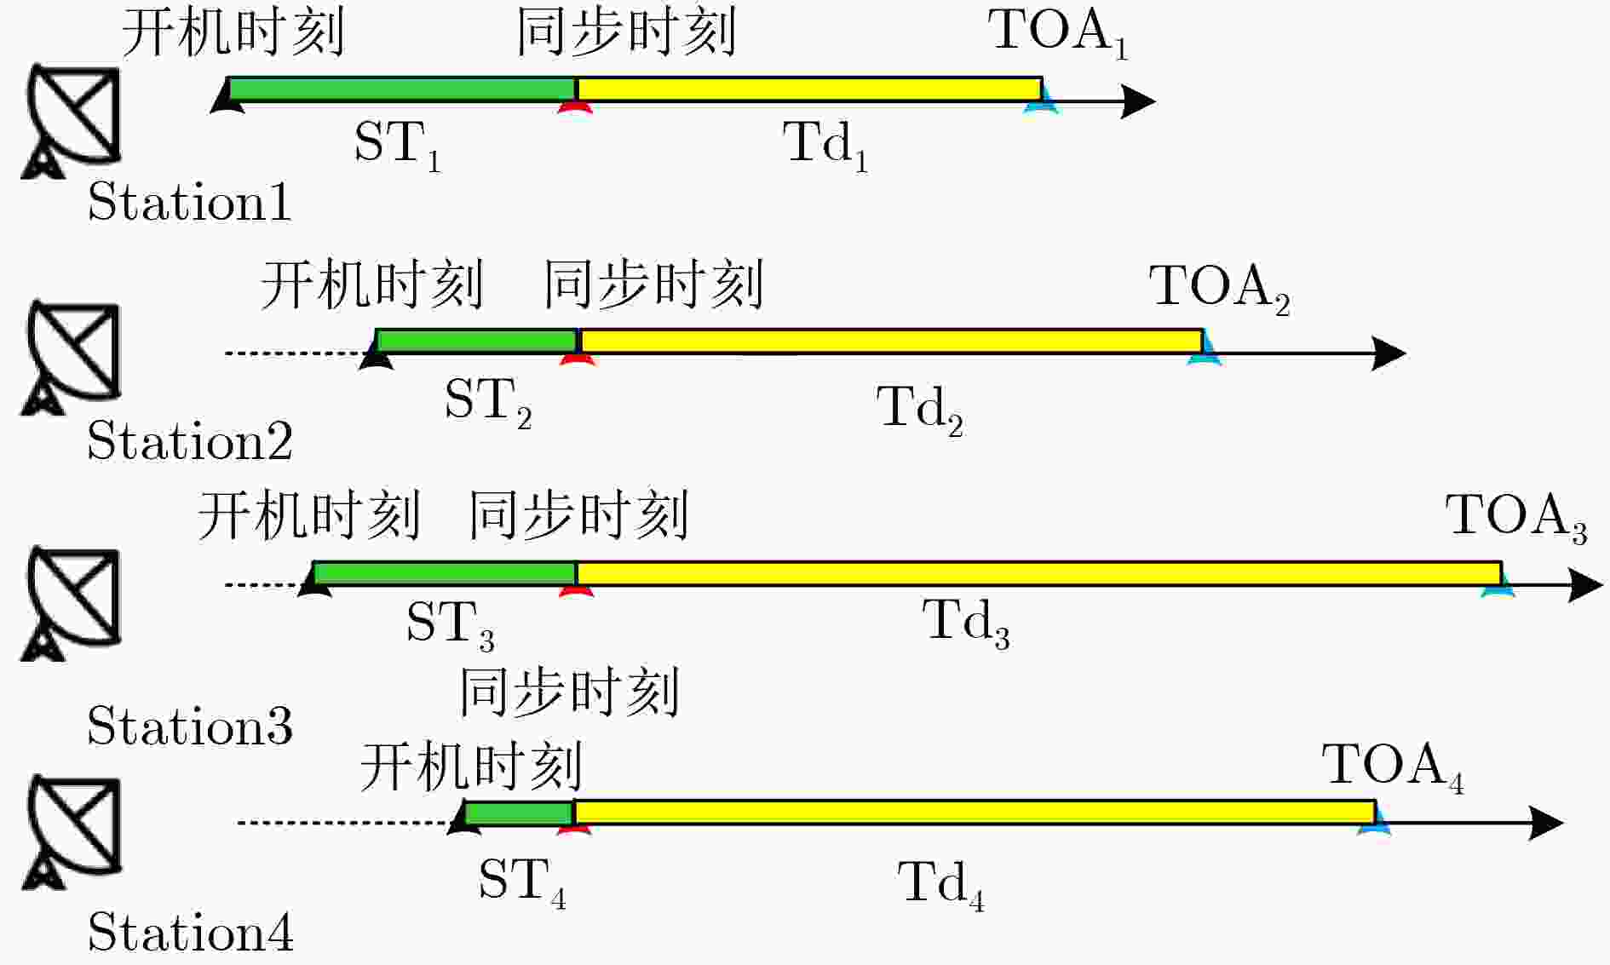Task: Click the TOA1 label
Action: tap(1058, 34)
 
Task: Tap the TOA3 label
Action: tap(1516, 517)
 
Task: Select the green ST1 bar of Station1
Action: tap(402, 89)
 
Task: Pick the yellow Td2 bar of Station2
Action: tap(890, 341)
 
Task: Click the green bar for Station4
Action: tap(519, 813)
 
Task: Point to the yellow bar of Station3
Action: tap(1038, 573)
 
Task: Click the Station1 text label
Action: tap(189, 202)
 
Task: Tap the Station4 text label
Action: tap(190, 931)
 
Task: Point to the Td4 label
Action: tap(941, 885)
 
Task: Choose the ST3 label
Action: tap(450, 624)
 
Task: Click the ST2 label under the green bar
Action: tap(488, 403)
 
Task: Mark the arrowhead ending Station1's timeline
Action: tap(1138, 101)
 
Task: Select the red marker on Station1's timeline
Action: tap(576, 106)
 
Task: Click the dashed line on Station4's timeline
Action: tap(343, 823)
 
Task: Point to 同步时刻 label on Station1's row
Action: tap(627, 32)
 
